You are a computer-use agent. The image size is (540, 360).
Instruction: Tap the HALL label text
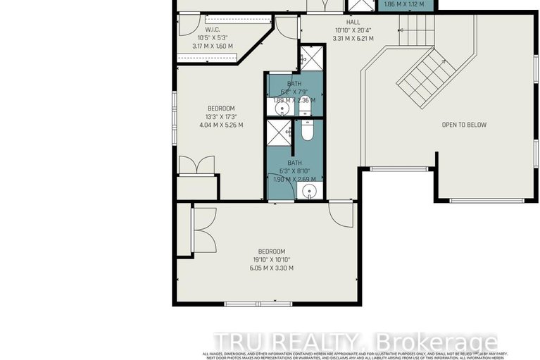(x=353, y=22)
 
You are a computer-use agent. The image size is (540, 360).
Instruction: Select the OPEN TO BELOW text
(x=464, y=125)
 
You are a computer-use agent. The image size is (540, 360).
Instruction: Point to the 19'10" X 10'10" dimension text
(x=271, y=260)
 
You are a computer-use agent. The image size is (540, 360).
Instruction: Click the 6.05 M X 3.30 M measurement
(x=271, y=268)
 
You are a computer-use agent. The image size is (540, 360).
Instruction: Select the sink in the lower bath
(x=306, y=191)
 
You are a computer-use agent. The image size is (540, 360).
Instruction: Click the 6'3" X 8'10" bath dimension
(x=294, y=170)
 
